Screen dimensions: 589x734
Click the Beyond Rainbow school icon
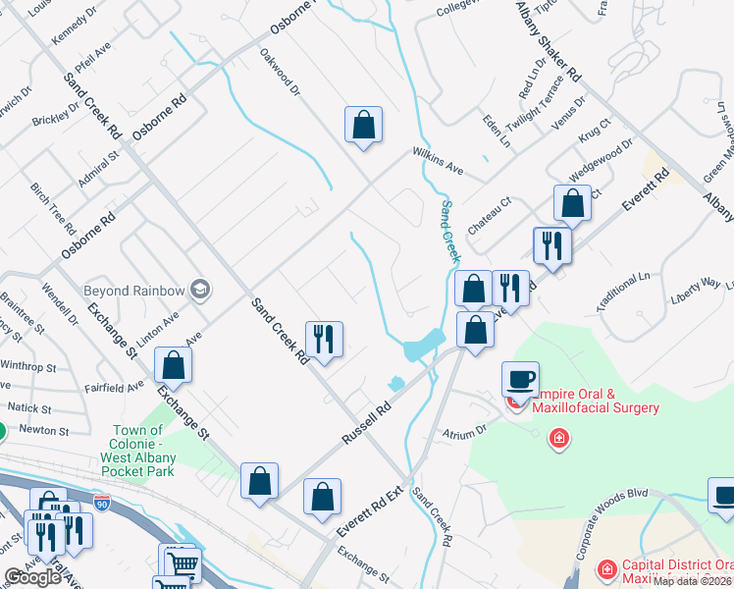pos(200,290)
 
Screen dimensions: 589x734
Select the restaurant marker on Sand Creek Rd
pos(324,339)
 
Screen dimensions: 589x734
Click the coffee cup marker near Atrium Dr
pos(520,378)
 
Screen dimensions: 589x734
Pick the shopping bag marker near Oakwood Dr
pos(363,124)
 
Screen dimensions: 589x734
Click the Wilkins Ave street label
pos(438,161)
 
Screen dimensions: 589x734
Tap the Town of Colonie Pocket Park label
pos(137,451)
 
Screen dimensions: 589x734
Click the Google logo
pos(32,577)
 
